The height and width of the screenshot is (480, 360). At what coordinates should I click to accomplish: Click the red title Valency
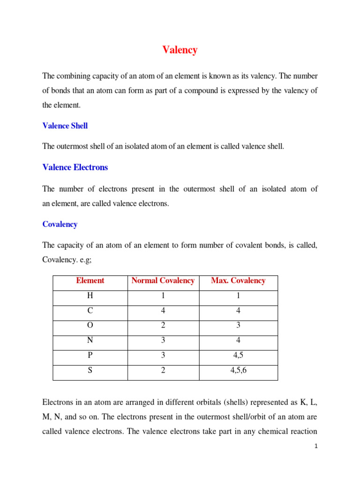tap(180, 50)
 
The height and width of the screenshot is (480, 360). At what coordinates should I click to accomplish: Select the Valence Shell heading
tap(65, 126)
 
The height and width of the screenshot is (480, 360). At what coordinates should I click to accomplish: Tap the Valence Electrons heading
tap(75, 167)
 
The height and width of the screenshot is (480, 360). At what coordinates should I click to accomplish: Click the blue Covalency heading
tap(60, 224)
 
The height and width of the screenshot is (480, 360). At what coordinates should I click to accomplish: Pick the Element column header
tap(90, 281)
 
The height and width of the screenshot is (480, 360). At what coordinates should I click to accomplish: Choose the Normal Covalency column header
tap(163, 281)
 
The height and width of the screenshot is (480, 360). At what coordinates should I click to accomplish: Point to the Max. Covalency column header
tap(238, 281)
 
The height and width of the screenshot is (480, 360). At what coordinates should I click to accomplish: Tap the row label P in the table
tap(90, 355)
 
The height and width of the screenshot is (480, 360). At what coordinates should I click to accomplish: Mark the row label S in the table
tap(90, 370)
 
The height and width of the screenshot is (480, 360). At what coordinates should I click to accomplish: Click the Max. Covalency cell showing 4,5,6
tap(238, 370)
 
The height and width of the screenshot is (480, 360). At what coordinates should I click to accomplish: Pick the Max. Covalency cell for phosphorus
tap(238, 355)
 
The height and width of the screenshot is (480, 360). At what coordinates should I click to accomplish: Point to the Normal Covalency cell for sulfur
tap(163, 370)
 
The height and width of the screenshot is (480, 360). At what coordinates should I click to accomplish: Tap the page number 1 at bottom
tap(316, 447)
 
